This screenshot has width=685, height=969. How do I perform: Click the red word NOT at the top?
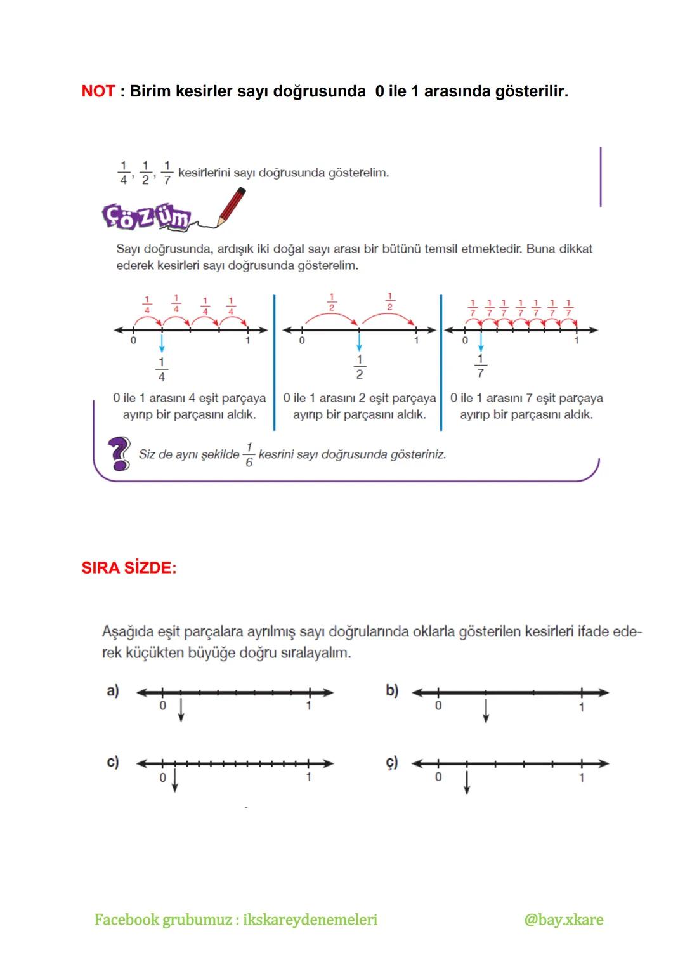tap(98, 91)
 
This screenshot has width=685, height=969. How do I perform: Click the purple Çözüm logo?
tap(146, 217)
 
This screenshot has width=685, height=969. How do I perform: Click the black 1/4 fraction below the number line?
tap(162, 369)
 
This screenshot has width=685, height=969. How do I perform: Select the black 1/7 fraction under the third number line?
tap(481, 366)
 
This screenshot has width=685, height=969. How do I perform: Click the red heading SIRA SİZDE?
tap(129, 567)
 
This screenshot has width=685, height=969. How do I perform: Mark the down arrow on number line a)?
tap(181, 710)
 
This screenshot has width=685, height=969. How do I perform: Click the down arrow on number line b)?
tap(486, 710)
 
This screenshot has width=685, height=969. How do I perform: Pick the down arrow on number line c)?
tap(175, 781)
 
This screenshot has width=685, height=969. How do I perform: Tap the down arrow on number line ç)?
tap(467, 782)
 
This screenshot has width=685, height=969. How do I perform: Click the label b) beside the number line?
tap(392, 690)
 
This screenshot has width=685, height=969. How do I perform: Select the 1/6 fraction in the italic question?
tap(249, 455)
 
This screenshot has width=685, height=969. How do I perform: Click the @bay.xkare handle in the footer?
tap(563, 920)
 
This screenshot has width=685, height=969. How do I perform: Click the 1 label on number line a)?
tap(309, 706)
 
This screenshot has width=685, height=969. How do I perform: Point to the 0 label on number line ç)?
tap(438, 777)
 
